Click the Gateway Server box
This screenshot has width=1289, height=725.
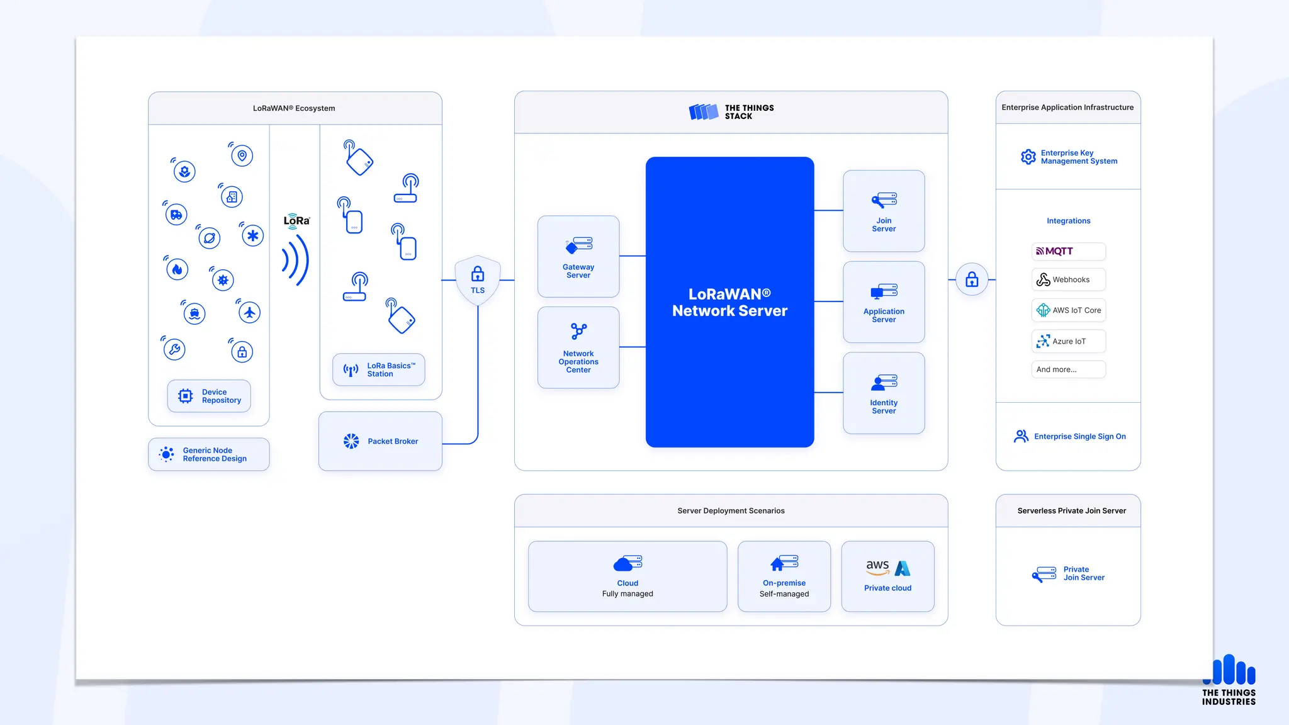click(x=578, y=257)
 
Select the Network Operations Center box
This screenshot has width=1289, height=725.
click(x=578, y=347)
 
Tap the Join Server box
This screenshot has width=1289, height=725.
click(x=884, y=211)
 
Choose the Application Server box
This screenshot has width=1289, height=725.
click(x=884, y=302)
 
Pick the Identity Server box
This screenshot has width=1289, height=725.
click(x=884, y=393)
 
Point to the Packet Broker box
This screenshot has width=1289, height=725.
click(x=380, y=441)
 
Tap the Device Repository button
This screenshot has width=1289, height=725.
click(x=209, y=396)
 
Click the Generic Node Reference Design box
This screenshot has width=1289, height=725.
click(x=209, y=454)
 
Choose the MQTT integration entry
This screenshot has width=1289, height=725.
click(x=1068, y=251)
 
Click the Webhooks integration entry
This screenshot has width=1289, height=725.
click(x=1068, y=279)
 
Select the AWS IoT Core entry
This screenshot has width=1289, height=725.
click(x=1068, y=310)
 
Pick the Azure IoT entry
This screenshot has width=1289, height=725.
click(x=1068, y=341)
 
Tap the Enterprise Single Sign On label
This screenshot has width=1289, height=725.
click(x=1079, y=436)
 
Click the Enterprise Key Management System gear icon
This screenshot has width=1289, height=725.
click(x=1028, y=157)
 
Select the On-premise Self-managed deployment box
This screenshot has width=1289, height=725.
click(x=784, y=576)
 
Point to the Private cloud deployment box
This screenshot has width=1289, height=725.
click(x=887, y=576)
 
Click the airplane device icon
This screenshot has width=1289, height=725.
click(x=250, y=312)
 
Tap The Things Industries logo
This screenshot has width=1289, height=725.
click(x=1229, y=680)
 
